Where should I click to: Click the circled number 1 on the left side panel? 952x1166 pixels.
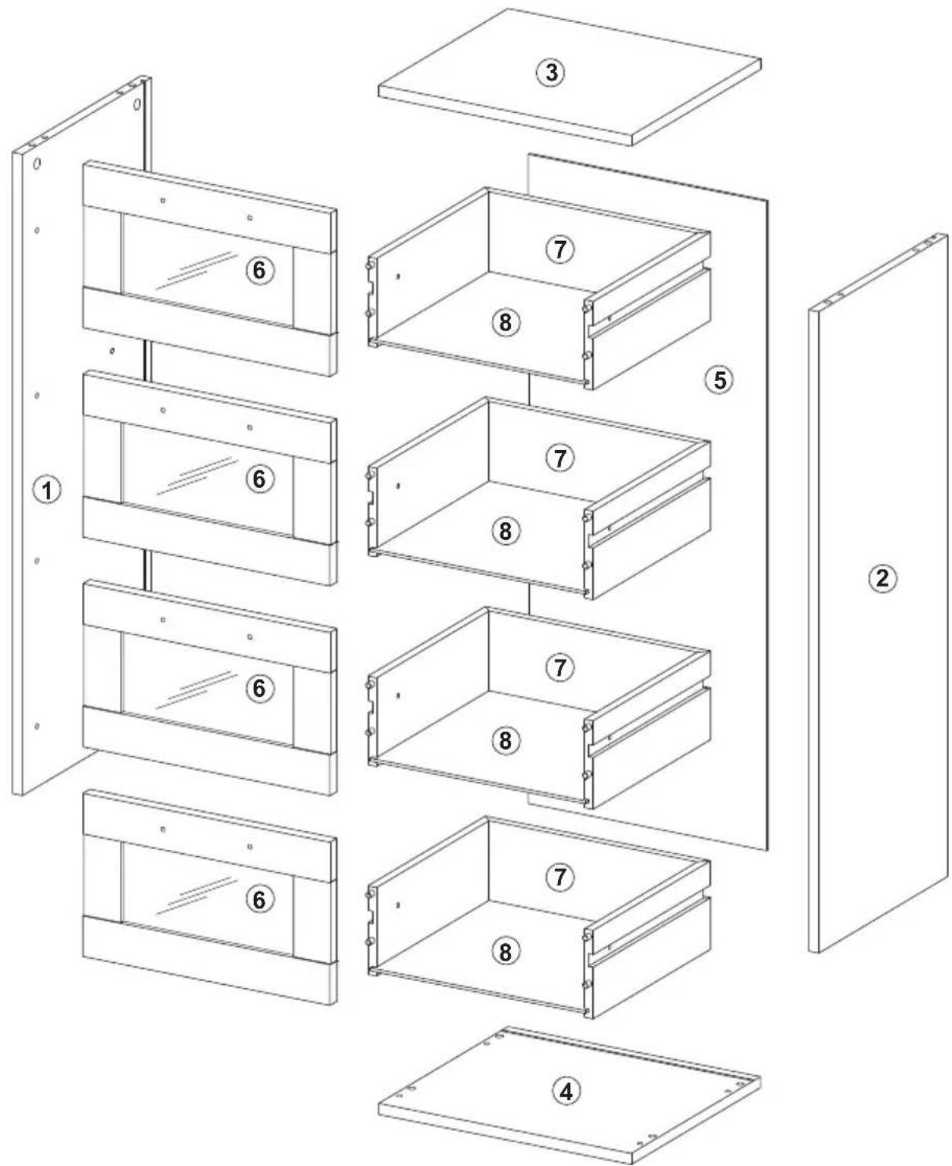48,490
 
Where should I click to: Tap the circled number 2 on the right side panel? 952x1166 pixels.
882,579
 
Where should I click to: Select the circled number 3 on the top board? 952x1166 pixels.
551,72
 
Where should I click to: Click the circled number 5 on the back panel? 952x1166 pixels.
719,380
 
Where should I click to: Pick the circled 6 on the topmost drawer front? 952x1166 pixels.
259,270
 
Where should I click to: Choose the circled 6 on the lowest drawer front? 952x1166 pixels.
259,899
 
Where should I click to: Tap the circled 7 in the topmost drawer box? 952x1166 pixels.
560,249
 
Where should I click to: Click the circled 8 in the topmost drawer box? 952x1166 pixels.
505,322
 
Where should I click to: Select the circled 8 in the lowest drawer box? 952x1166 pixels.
505,951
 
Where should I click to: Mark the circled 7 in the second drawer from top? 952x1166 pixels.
560,458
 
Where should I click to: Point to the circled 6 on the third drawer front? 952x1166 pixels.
259,688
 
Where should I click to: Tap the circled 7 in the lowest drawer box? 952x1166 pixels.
560,877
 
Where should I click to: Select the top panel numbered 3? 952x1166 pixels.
570,77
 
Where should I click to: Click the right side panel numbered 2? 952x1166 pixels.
878,594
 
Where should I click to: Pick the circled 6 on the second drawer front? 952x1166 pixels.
259,479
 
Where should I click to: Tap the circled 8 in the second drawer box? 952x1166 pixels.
505,532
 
